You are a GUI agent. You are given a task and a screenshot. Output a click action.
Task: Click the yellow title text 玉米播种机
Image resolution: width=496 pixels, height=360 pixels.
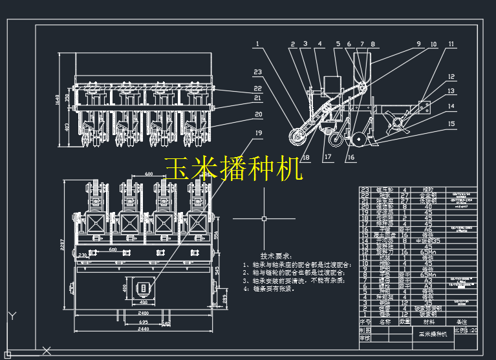click(233, 169)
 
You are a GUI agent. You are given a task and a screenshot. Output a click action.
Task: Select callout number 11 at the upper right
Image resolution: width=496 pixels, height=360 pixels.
click(451, 45)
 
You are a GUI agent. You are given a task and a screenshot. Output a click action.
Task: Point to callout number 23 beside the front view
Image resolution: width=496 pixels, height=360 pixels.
click(257, 72)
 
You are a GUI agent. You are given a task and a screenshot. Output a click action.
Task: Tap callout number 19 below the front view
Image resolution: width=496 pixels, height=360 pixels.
click(258, 133)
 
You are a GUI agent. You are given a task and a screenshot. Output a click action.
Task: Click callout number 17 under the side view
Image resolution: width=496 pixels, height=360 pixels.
click(328, 156)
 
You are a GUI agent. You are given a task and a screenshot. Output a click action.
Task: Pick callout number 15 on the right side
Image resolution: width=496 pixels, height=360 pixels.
click(451, 123)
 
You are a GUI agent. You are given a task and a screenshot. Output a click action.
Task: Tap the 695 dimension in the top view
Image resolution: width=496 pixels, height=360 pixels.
click(144, 321)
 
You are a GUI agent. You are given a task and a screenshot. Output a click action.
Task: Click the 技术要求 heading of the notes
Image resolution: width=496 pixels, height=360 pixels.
click(275, 256)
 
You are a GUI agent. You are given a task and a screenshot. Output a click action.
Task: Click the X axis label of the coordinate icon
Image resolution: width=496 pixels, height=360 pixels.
click(46, 351)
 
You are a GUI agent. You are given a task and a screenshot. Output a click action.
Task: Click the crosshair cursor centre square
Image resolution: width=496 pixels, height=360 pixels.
click(264, 219)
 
